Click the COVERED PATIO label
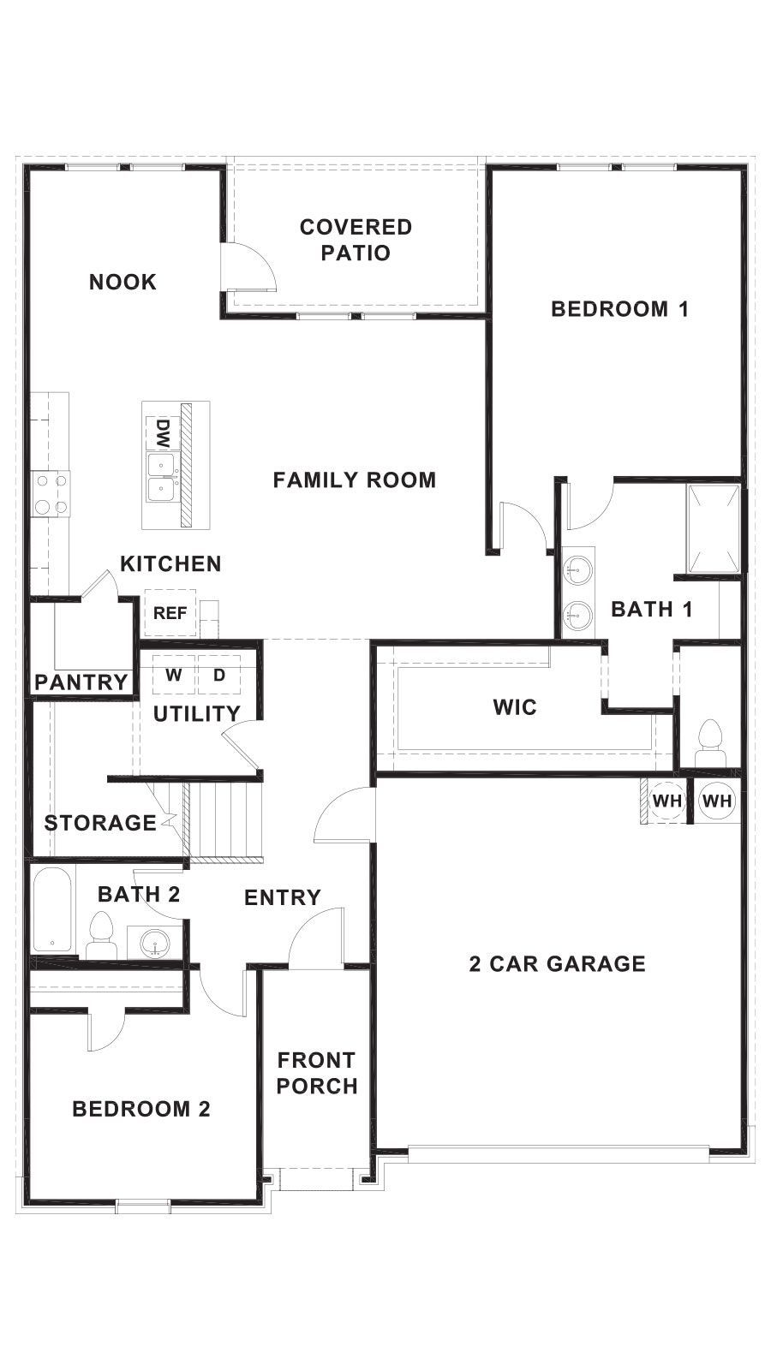click(x=356, y=240)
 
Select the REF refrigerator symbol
click(x=170, y=613)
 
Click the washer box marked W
click(x=174, y=675)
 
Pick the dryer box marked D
click(x=219, y=675)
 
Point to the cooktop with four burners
click(x=50, y=494)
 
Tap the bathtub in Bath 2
click(x=52, y=909)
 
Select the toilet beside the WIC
click(x=709, y=742)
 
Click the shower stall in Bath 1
click(x=714, y=528)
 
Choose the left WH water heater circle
click(x=666, y=801)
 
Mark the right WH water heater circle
click(x=717, y=801)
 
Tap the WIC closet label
click(x=515, y=707)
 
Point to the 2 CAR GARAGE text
click(x=557, y=964)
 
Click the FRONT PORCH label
click(x=317, y=1073)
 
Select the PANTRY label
click(x=81, y=682)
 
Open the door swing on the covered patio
click(x=248, y=268)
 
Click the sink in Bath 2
click(x=155, y=944)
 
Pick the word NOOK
click(x=123, y=282)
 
